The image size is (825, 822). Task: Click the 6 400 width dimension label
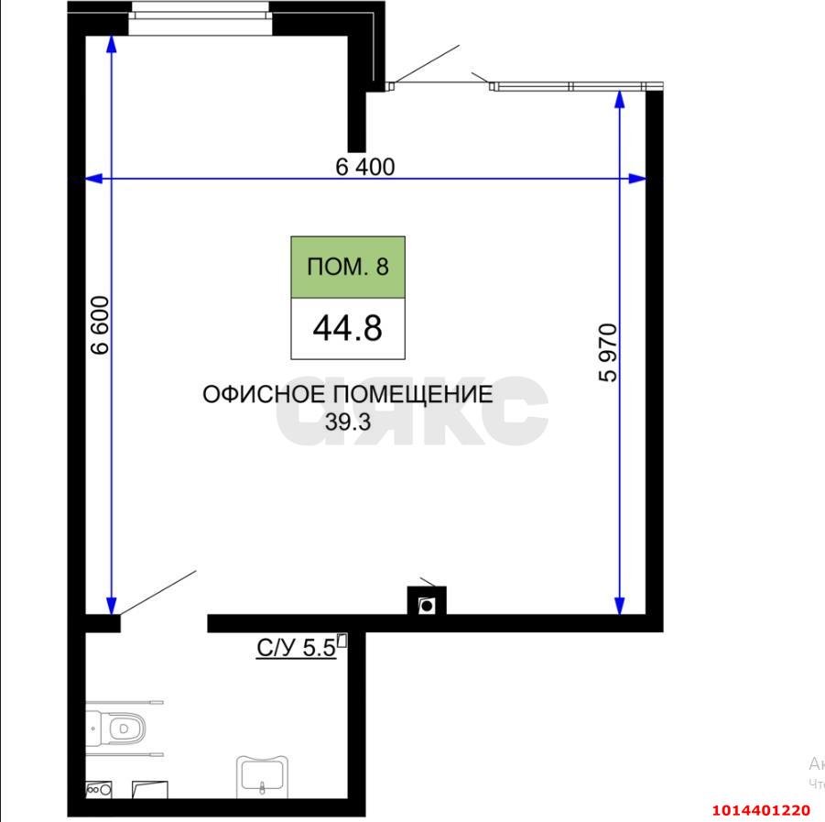pos(364,167)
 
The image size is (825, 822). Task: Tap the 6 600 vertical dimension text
pos(100,324)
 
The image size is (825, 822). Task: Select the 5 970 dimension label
pos(608,352)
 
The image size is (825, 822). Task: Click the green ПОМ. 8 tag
pos(348,267)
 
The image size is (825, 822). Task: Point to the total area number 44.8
pos(347,327)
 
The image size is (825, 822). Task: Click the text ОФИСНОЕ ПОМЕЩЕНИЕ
pos(347,395)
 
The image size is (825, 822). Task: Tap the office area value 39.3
pos(347,422)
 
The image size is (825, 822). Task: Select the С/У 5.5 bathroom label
pos(296,649)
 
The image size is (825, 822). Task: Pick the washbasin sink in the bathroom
pos(264,775)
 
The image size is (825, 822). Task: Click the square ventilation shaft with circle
pos(427,604)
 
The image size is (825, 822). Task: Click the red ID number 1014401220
pos(761,810)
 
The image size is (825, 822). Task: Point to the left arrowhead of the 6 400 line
pos(92,179)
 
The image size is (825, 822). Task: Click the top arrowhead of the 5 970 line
pos(620,99)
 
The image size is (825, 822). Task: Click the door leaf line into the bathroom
pos(157,592)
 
